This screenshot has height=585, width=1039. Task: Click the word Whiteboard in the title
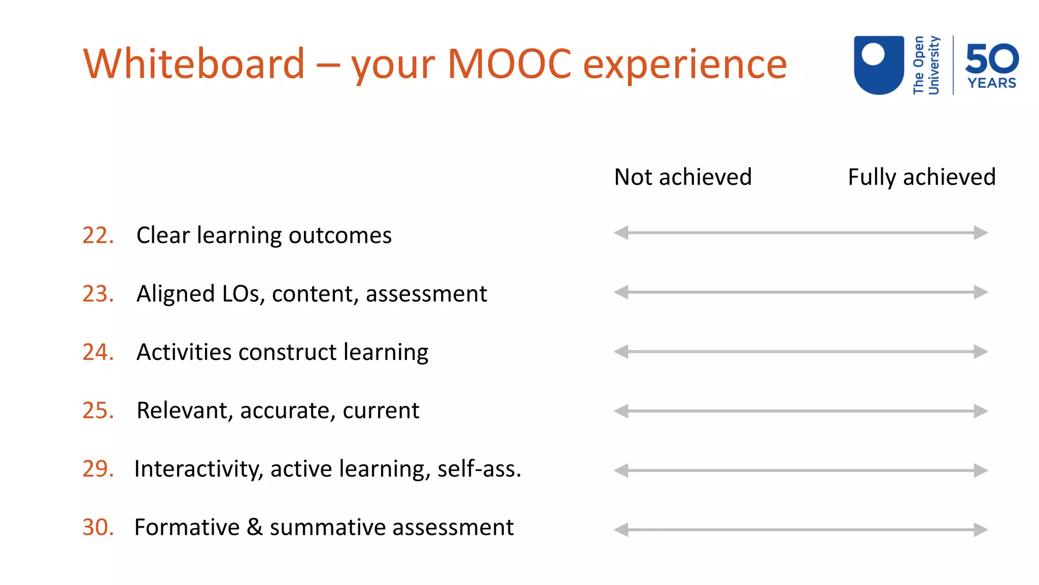pos(194,64)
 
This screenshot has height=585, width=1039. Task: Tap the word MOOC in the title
pos(509,64)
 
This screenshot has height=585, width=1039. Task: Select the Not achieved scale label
pos(682,177)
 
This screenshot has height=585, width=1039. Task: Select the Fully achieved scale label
pos(921,177)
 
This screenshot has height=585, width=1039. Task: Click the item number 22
pos(98,236)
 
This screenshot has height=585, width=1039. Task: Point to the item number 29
pos(98,469)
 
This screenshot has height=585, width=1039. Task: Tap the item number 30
pos(98,527)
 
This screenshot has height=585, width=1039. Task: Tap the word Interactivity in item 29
pos(198,469)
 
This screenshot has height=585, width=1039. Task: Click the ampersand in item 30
pos(255,527)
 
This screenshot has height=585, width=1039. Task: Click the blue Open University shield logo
pos(879,64)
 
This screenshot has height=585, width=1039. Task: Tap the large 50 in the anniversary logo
pos(991,59)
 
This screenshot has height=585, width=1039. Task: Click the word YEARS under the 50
pos(991,83)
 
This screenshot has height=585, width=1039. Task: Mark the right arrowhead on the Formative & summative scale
pos(981,530)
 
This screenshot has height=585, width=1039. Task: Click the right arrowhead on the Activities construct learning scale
pos(981,351)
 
